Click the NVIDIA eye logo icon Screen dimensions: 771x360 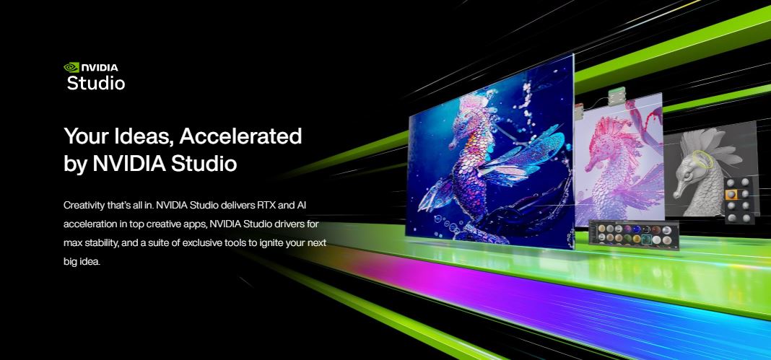tap(71, 67)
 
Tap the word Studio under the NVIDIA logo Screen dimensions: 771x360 tap(96, 83)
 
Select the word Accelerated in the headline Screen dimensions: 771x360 tap(240, 136)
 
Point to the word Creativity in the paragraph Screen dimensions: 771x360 tap(83, 206)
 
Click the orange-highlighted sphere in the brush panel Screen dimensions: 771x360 tap(732, 195)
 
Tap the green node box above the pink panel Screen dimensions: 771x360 tap(616, 96)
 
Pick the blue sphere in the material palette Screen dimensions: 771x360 tap(636, 229)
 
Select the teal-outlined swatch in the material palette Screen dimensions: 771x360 tap(647, 240)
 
